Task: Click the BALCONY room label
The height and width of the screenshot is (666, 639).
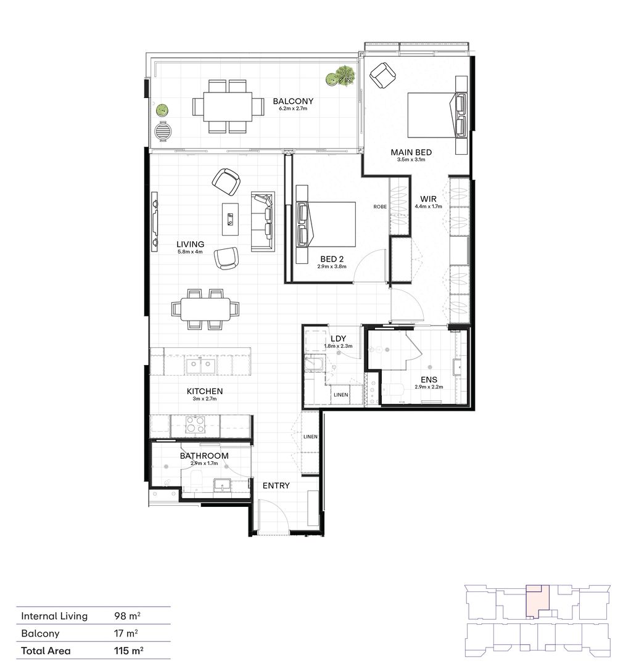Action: (x=293, y=101)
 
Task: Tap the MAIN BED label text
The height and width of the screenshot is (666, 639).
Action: (x=411, y=152)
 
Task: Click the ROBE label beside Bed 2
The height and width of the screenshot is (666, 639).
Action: (x=380, y=207)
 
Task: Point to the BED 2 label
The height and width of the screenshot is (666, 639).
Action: (x=332, y=259)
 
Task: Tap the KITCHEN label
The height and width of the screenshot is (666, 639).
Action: (x=205, y=391)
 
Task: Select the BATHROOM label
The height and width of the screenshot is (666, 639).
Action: (x=204, y=456)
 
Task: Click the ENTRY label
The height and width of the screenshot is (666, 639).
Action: (x=276, y=485)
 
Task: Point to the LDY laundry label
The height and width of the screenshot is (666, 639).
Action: (x=337, y=339)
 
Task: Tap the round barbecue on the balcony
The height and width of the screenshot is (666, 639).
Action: (x=162, y=131)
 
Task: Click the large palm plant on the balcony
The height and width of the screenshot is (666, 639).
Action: (x=341, y=76)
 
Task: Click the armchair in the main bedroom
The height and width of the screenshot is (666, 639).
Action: (x=382, y=76)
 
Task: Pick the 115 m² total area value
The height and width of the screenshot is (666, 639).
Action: (x=126, y=650)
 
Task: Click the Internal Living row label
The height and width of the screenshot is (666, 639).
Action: (x=54, y=615)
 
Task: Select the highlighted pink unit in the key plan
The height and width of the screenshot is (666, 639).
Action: (x=537, y=600)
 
